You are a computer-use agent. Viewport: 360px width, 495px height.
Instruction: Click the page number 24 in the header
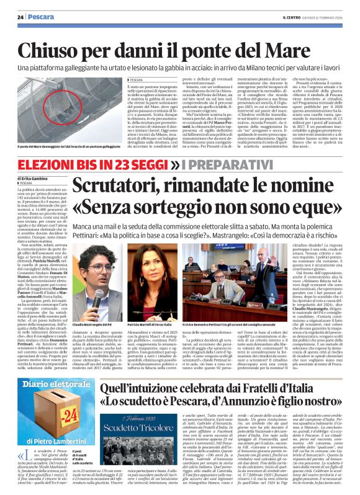coord(20,17)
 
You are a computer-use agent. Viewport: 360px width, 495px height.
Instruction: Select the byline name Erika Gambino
coord(33,179)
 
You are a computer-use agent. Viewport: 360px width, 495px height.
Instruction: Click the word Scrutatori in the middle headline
coord(125,185)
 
